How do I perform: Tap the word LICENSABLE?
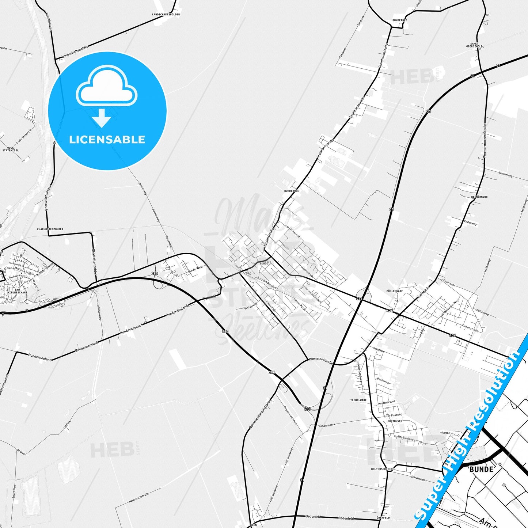pyautogui.click(x=107, y=140)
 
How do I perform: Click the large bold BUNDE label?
pyautogui.click(x=481, y=469)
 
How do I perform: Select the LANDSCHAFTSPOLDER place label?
pyautogui.click(x=166, y=15)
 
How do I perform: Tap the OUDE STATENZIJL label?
pyautogui.click(x=10, y=149)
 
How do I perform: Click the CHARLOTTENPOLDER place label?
pyautogui.click(x=50, y=229)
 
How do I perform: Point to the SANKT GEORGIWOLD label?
pyautogui.click(x=474, y=45)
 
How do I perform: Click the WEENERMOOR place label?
pyautogui.click(x=479, y=197)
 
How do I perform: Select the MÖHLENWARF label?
pyautogui.click(x=394, y=291)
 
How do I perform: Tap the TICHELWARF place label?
pyautogui.click(x=358, y=400)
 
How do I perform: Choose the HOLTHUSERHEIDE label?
pyautogui.click(x=383, y=469)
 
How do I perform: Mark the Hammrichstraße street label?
pyautogui.click(x=139, y=498)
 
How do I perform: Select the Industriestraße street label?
pyautogui.click(x=312, y=294)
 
